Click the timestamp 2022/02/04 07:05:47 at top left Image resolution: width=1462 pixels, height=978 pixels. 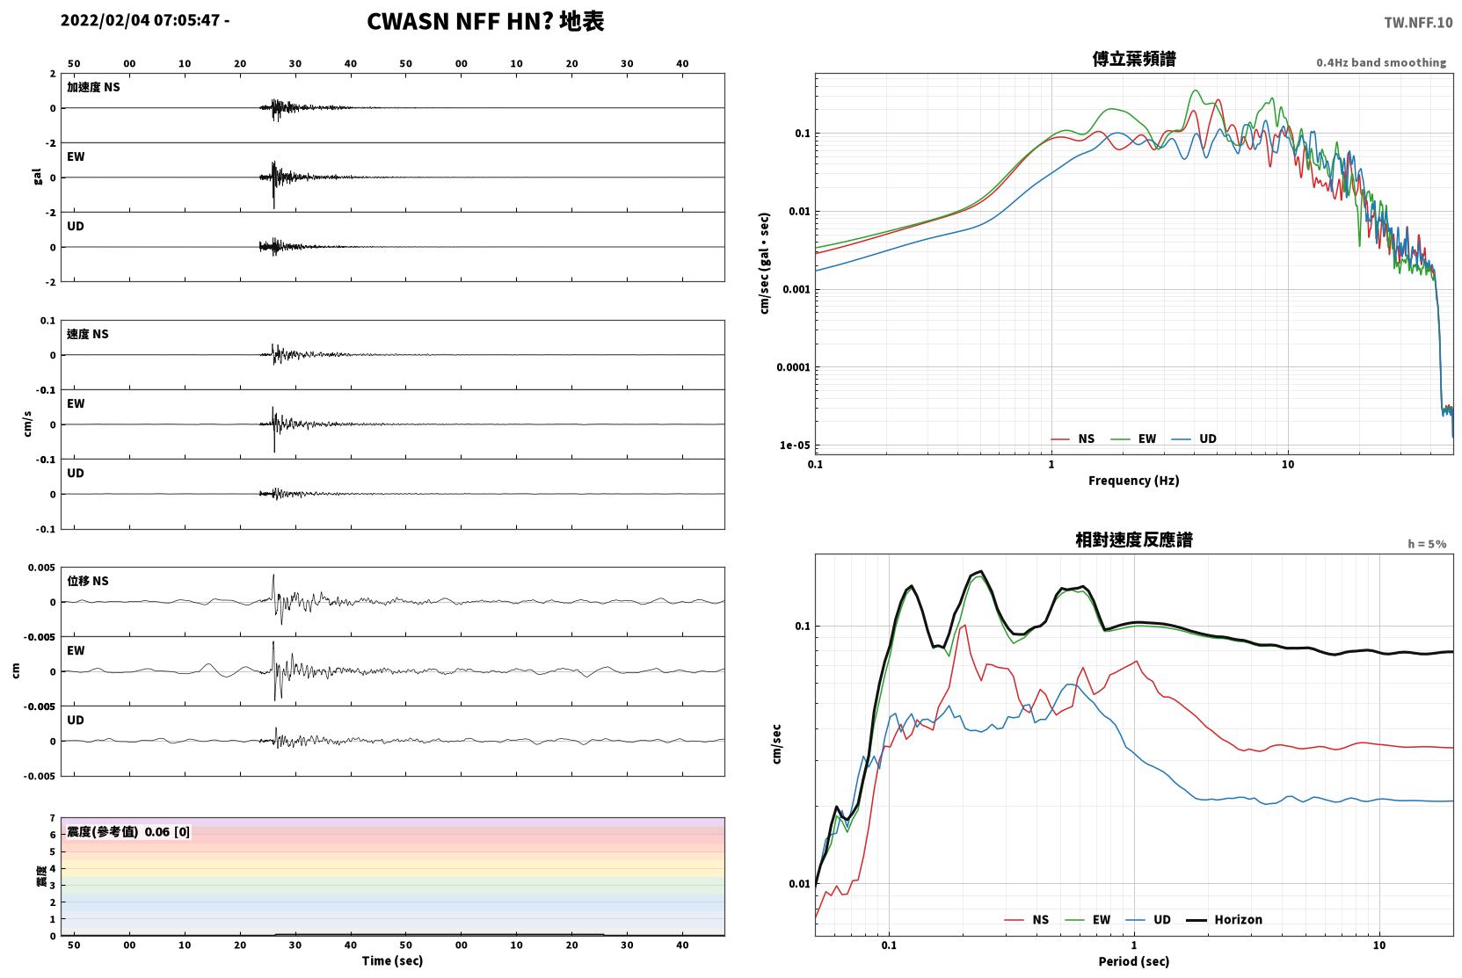(x=141, y=20)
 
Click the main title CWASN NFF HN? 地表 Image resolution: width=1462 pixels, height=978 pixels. (x=485, y=22)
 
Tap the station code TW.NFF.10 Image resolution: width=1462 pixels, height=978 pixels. (x=1418, y=23)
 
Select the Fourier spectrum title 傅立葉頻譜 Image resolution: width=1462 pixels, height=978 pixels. (x=1134, y=60)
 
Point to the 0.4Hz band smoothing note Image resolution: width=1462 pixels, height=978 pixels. (x=1381, y=62)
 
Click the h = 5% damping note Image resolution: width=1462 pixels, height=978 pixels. (x=1427, y=544)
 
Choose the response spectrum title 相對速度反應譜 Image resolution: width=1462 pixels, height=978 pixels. (x=1134, y=540)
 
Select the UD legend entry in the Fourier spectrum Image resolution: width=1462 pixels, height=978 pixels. (x=1194, y=439)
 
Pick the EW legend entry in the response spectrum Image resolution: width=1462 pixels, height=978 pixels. (x=1087, y=920)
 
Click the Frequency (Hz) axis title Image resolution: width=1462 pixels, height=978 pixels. (x=1134, y=481)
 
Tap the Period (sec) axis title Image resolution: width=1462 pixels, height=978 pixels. (x=1134, y=961)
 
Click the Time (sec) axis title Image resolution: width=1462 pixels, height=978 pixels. (x=392, y=961)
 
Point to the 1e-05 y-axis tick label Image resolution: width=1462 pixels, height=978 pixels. (x=795, y=446)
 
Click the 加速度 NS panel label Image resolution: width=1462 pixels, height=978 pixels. (x=93, y=87)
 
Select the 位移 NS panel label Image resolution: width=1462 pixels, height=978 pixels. (x=87, y=582)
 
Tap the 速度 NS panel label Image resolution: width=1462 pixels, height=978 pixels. (x=87, y=335)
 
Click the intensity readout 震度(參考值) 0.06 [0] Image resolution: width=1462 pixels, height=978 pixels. (x=128, y=832)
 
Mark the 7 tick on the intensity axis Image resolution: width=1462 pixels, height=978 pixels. (x=52, y=818)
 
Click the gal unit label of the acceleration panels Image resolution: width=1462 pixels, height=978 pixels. (x=37, y=177)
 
